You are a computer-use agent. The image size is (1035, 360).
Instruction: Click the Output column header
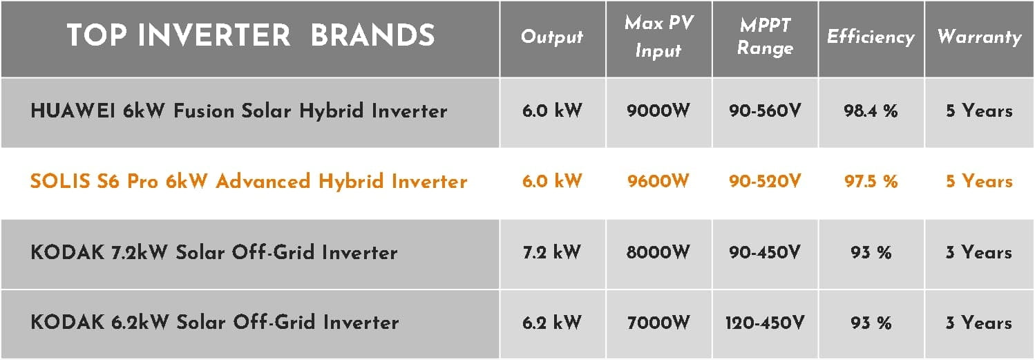tap(551, 37)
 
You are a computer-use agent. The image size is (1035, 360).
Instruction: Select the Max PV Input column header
tap(659, 37)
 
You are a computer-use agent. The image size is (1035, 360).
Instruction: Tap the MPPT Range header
tap(765, 37)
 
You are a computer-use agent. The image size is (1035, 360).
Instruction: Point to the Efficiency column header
tap(871, 37)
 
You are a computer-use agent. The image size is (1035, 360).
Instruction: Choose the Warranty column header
tap(980, 37)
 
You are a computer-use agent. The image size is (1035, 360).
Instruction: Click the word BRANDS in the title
tap(373, 35)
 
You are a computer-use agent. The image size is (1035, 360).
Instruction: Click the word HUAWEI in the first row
tap(73, 111)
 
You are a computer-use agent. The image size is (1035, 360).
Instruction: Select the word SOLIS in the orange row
tap(60, 181)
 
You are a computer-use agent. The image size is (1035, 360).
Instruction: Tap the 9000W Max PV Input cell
tap(658, 111)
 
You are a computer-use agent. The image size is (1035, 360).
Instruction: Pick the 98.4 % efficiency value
tap(871, 111)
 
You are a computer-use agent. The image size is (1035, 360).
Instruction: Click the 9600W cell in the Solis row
tap(658, 181)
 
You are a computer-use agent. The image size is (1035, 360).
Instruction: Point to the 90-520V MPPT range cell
tap(765, 181)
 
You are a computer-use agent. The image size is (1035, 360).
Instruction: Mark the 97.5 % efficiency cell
tap(871, 181)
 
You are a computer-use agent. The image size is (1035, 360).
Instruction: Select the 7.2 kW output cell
tap(551, 252)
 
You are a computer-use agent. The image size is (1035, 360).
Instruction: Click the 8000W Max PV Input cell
tap(658, 252)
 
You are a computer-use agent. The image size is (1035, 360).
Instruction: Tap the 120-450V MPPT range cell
tap(765, 323)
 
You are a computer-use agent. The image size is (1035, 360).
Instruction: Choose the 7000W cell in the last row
tap(658, 323)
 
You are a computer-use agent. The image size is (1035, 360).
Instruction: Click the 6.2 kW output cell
tap(551, 323)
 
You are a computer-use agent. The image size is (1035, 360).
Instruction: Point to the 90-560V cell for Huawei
tap(765, 111)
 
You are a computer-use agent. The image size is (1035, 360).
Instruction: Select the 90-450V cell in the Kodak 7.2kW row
tap(765, 252)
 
